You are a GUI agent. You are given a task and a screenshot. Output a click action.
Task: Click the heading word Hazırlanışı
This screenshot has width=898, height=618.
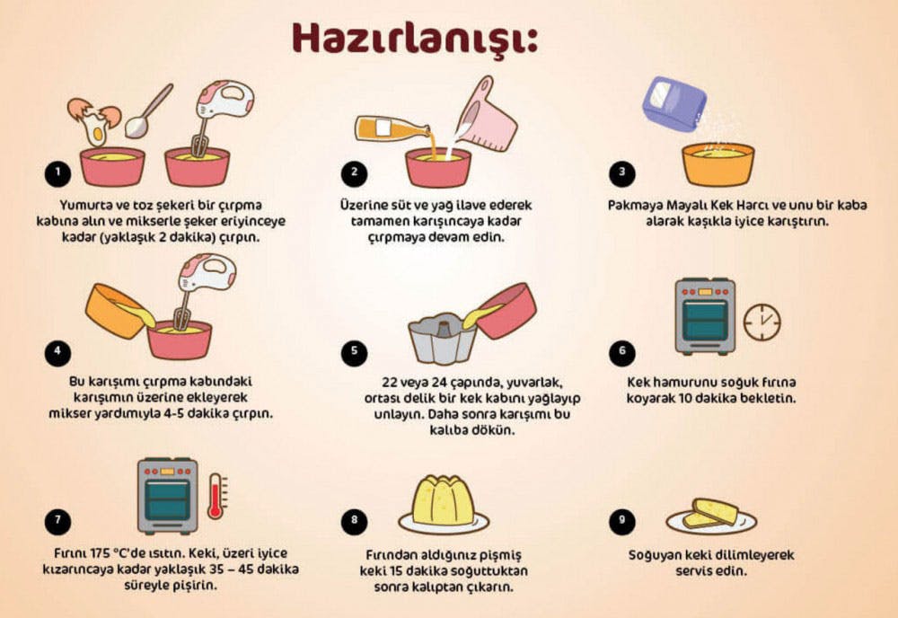tap(414, 39)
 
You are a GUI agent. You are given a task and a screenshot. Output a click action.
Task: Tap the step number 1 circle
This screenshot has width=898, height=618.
tap(58, 172)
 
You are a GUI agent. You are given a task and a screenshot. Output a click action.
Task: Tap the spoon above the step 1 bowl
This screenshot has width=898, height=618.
tap(147, 111)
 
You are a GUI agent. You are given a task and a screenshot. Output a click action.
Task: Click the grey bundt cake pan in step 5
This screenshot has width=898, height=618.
tap(442, 337)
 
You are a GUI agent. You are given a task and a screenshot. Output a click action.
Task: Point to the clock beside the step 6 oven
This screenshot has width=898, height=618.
tap(762, 322)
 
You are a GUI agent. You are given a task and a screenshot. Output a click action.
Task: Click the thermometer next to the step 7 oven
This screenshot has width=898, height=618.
tap(216, 495)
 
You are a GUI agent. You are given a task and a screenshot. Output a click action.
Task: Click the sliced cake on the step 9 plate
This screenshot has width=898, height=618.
tap(710, 513)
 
